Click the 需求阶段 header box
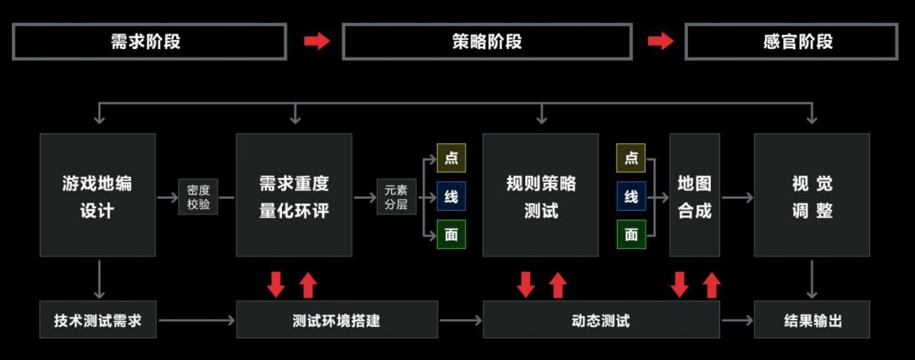pos(148,42)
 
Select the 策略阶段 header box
pos(486,42)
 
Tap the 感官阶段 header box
pos(790,42)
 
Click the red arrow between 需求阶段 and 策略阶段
pos(316,42)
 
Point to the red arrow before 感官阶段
pos(660,42)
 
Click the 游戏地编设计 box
pos(97,195)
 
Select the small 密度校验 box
pos(198,197)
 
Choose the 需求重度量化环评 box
pos(293,195)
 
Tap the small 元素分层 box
pos(396,197)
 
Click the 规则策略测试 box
pos(541,195)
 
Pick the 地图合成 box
pos(694,195)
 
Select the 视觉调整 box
pos(812,195)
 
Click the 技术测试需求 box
pos(97,320)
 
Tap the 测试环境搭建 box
pos(336,320)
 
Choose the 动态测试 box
pos(601,320)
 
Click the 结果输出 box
pos(812,320)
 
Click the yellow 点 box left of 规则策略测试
pos(452,158)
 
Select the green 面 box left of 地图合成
pos(631,235)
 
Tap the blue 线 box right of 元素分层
pos(452,197)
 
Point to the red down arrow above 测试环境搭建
pos(276,285)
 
